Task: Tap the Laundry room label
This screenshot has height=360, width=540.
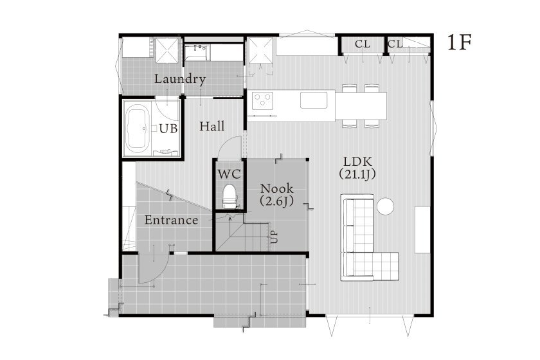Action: pos(180,80)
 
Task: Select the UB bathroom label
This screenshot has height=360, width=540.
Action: pos(168,129)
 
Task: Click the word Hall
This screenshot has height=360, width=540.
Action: pos(212,127)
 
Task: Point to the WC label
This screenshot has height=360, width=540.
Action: pos(228,174)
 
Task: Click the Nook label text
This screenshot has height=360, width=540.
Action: pos(276,189)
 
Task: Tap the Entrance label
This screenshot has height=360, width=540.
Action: pos(171,221)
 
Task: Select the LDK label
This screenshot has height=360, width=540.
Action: pos(357,161)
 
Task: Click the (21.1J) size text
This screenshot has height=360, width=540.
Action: pos(357,174)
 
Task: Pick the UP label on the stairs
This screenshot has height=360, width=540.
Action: pos(274,237)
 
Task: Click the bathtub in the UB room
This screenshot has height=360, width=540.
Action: pos(138,129)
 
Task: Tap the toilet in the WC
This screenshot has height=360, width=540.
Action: pos(228,195)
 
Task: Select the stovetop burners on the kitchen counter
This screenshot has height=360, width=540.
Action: pos(263,100)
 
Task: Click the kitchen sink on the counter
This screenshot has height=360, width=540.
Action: pos(314,100)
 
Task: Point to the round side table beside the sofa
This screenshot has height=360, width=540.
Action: pos(385,206)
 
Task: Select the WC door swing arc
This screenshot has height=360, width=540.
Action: pos(226,149)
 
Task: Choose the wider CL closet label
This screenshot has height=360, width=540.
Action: pos(362,44)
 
